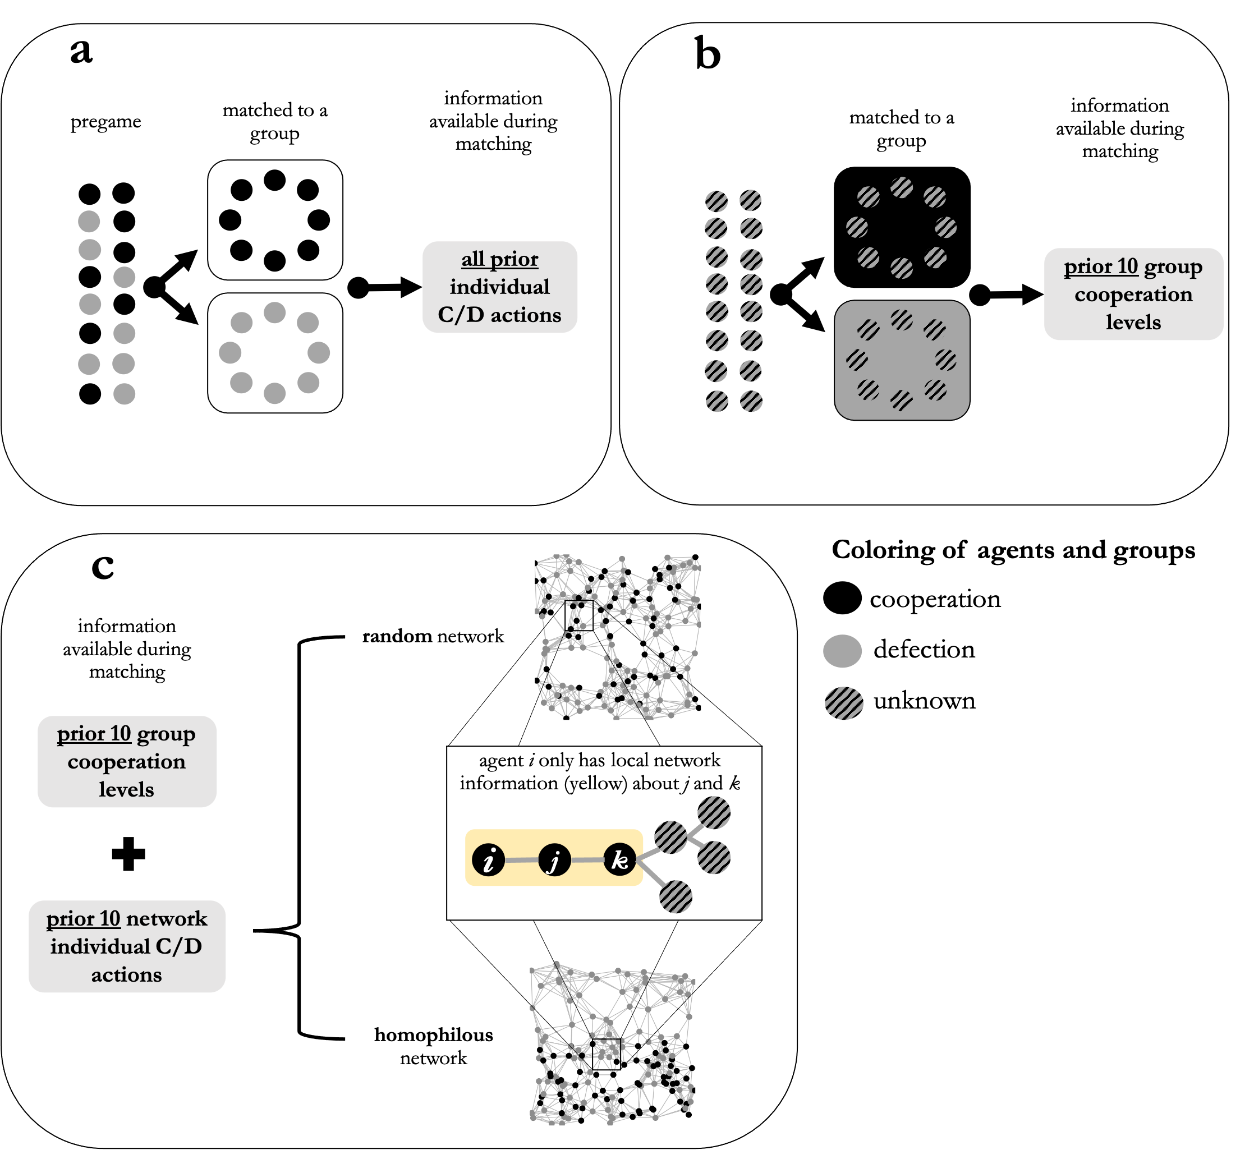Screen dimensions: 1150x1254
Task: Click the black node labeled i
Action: pyautogui.click(x=489, y=860)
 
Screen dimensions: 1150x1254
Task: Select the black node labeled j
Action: pyautogui.click(x=554, y=860)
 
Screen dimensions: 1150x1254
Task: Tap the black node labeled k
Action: pyautogui.click(x=620, y=860)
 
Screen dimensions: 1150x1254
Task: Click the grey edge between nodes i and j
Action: pyautogui.click(x=521, y=860)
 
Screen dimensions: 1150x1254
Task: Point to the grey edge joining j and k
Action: pyautogui.click(x=587, y=860)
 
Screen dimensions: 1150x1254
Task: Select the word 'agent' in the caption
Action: pyautogui.click(x=501, y=761)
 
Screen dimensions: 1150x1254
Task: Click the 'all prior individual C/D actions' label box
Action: pyautogui.click(x=500, y=287)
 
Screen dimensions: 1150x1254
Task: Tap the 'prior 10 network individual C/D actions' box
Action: pyautogui.click(x=127, y=946)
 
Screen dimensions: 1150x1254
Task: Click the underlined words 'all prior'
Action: pyautogui.click(x=500, y=259)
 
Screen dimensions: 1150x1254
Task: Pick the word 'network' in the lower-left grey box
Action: pyautogui.click(x=167, y=918)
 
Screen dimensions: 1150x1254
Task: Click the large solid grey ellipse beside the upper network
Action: pyautogui.click(x=842, y=651)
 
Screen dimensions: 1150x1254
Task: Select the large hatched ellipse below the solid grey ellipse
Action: pyautogui.click(x=844, y=703)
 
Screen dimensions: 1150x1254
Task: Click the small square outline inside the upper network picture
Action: pyautogui.click(x=579, y=615)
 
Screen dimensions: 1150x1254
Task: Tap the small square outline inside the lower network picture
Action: pyautogui.click(x=606, y=1054)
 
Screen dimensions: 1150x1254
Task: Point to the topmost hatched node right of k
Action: pyautogui.click(x=714, y=813)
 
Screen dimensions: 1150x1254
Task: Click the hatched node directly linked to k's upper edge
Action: pyautogui.click(x=670, y=837)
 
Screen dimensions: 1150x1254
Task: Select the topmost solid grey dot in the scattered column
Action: pyautogui.click(x=89, y=221)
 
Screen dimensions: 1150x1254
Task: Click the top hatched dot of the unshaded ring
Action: pyautogui.click(x=901, y=187)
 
